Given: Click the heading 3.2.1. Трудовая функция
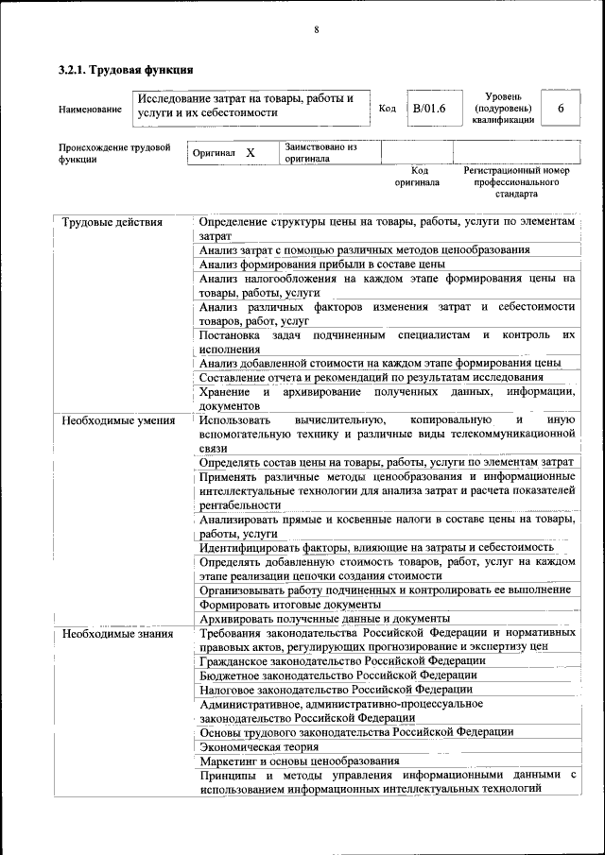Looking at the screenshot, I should tap(126, 70).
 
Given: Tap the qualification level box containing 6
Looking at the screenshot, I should tap(561, 109).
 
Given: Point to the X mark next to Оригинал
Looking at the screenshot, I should tap(251, 152).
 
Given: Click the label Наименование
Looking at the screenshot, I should tap(90, 110).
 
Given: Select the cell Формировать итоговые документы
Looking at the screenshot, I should tap(289, 604).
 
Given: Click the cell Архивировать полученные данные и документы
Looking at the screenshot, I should tap(311, 619).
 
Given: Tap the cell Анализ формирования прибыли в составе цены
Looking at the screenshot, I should tap(322, 264).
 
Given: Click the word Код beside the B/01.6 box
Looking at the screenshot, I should tap(387, 109).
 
